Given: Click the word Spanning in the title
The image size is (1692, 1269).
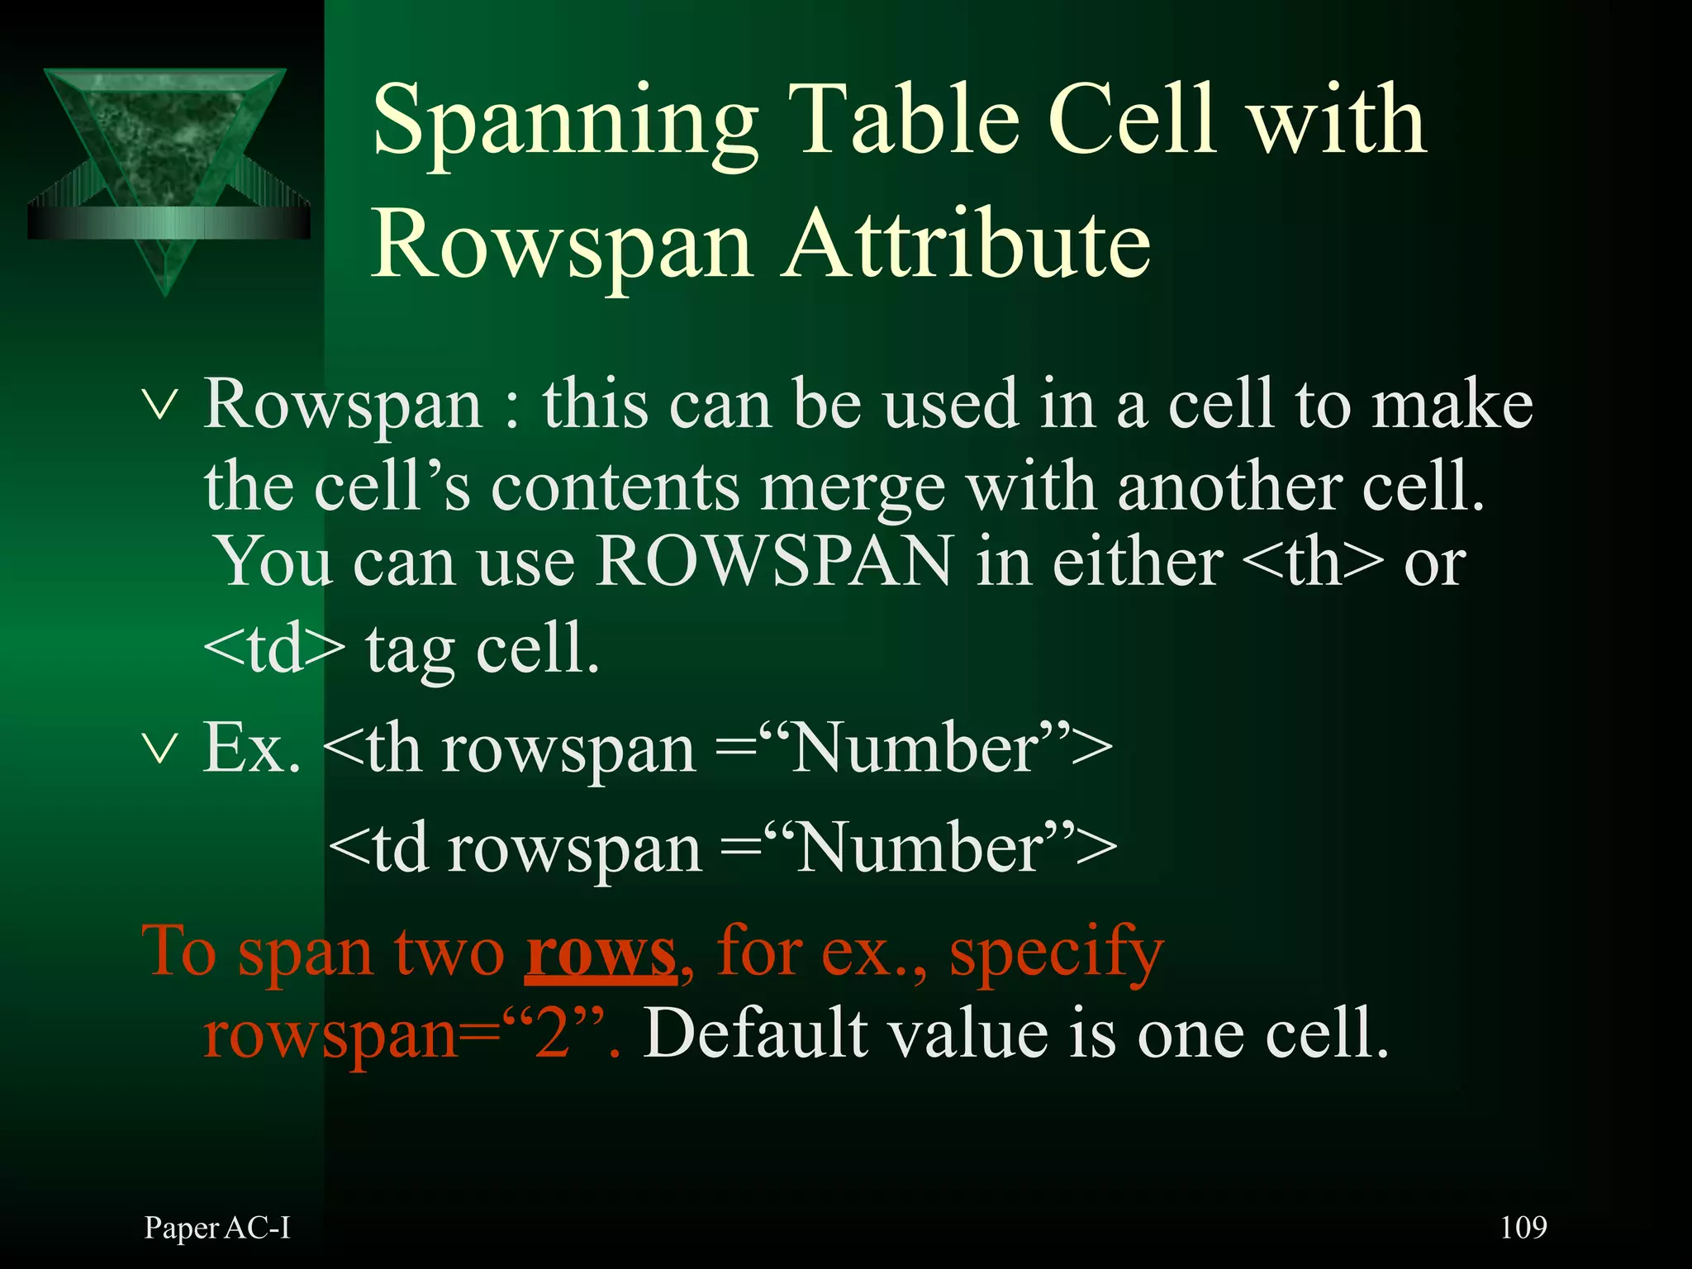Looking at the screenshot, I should click(565, 122).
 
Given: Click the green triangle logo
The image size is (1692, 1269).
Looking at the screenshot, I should click(166, 166).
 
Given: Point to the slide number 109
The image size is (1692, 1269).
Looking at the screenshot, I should click(1523, 1228).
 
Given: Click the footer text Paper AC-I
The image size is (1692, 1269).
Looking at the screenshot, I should click(217, 1229).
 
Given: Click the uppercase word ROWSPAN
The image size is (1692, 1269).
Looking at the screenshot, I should click(775, 562).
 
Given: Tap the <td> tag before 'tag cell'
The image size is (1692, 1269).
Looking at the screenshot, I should click(273, 649).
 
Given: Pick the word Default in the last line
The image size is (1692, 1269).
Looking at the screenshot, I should click(755, 1034).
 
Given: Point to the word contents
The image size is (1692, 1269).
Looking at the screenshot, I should click(615, 487).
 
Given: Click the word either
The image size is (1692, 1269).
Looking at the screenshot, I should click(1138, 563).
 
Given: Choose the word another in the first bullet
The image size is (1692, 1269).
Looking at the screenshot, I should click(1229, 487).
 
